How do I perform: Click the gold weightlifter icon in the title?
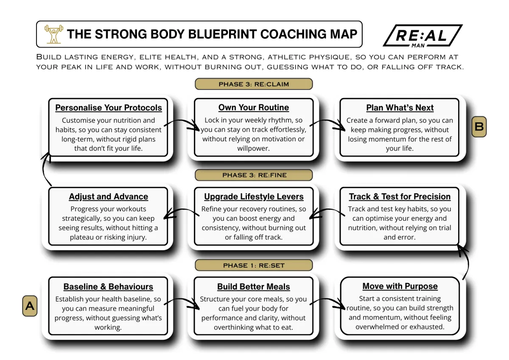coord(53,34)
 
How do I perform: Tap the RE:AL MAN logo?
coord(422,36)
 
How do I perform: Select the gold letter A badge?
coord(30,306)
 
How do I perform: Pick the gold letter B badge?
coord(479,127)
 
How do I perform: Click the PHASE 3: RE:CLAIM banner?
coord(254,84)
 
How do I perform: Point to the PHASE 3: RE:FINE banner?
coord(254,175)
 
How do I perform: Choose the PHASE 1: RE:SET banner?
coord(254,265)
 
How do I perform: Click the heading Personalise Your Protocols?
coord(109,107)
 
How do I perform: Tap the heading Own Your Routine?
coord(254,107)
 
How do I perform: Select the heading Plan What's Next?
coord(400,107)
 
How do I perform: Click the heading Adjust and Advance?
coord(109,197)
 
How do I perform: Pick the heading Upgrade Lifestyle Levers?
coord(254,197)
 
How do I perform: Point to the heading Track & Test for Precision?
coord(400,197)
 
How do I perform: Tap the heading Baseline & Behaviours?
coord(108,287)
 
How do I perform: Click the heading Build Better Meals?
coord(254,287)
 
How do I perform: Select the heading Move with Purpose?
coord(400,286)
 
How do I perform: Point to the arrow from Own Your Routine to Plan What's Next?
coord(327,121)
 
